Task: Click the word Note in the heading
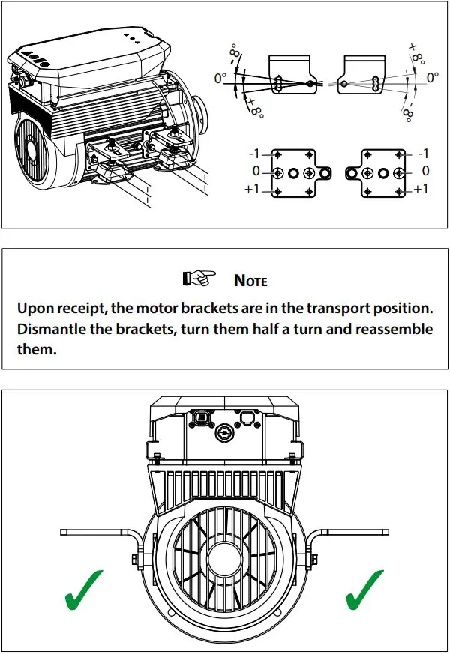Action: point(250,281)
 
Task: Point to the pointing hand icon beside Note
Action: point(199,279)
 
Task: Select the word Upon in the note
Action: point(37,309)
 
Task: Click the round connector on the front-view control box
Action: point(223,432)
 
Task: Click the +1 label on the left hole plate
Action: point(251,190)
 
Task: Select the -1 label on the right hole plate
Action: point(422,154)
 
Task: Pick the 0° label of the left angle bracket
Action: point(220,78)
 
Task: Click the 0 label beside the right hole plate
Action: point(425,172)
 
